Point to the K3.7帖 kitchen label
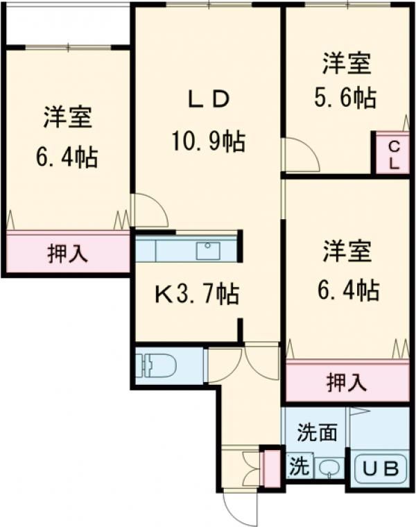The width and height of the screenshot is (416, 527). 196,295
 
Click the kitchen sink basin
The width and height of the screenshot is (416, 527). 208,250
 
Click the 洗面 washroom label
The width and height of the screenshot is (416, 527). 317,433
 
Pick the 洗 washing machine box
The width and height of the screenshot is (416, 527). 299,465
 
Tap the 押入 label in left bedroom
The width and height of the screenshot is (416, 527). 67,254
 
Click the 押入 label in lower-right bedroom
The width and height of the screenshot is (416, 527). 347,381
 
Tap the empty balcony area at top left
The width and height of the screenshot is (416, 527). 67,24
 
